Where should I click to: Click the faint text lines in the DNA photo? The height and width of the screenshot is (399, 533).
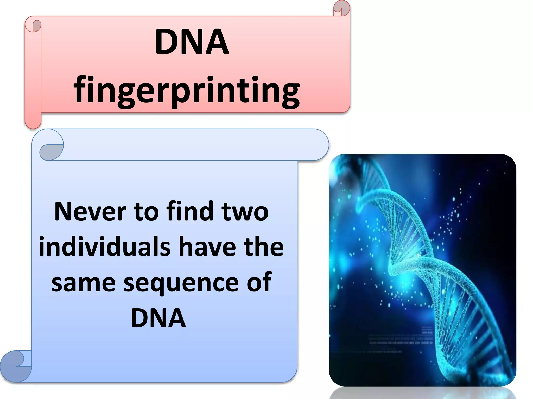(401, 339)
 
